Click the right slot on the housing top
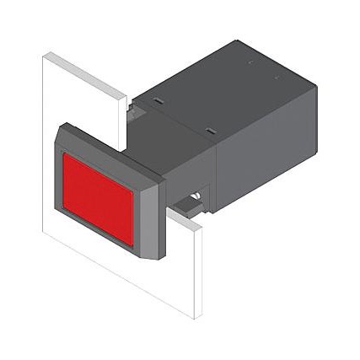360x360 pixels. (208, 129)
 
